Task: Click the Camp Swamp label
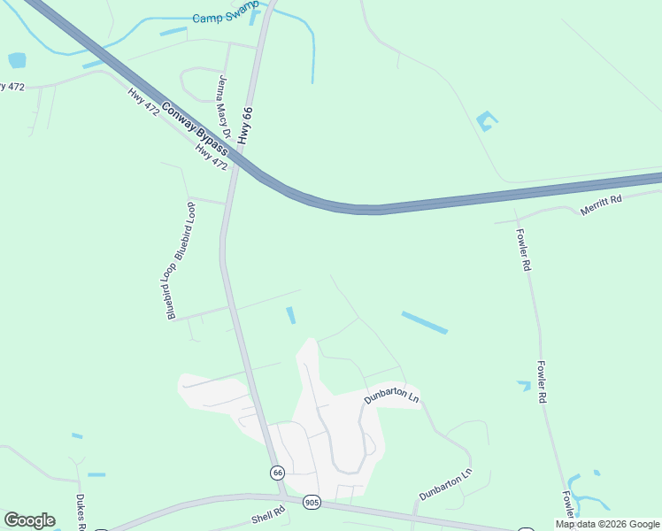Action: coord(225,18)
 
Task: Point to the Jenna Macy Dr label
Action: coord(223,109)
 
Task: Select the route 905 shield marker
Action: coord(310,501)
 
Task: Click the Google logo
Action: coord(29,520)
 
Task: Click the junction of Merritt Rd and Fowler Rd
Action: coord(517,219)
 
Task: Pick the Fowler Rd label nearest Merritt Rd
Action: coord(524,250)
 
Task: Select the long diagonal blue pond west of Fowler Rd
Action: coord(424,322)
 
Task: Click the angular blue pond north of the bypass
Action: coord(485,121)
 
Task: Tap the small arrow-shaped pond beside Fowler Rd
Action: coord(524,385)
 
